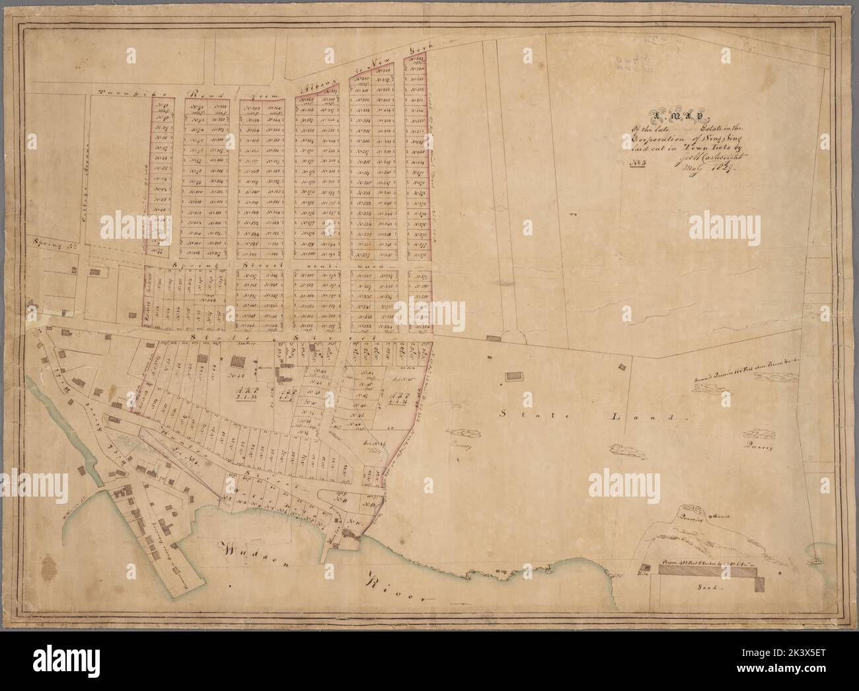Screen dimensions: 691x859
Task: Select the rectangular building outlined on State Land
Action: tap(513, 376)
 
